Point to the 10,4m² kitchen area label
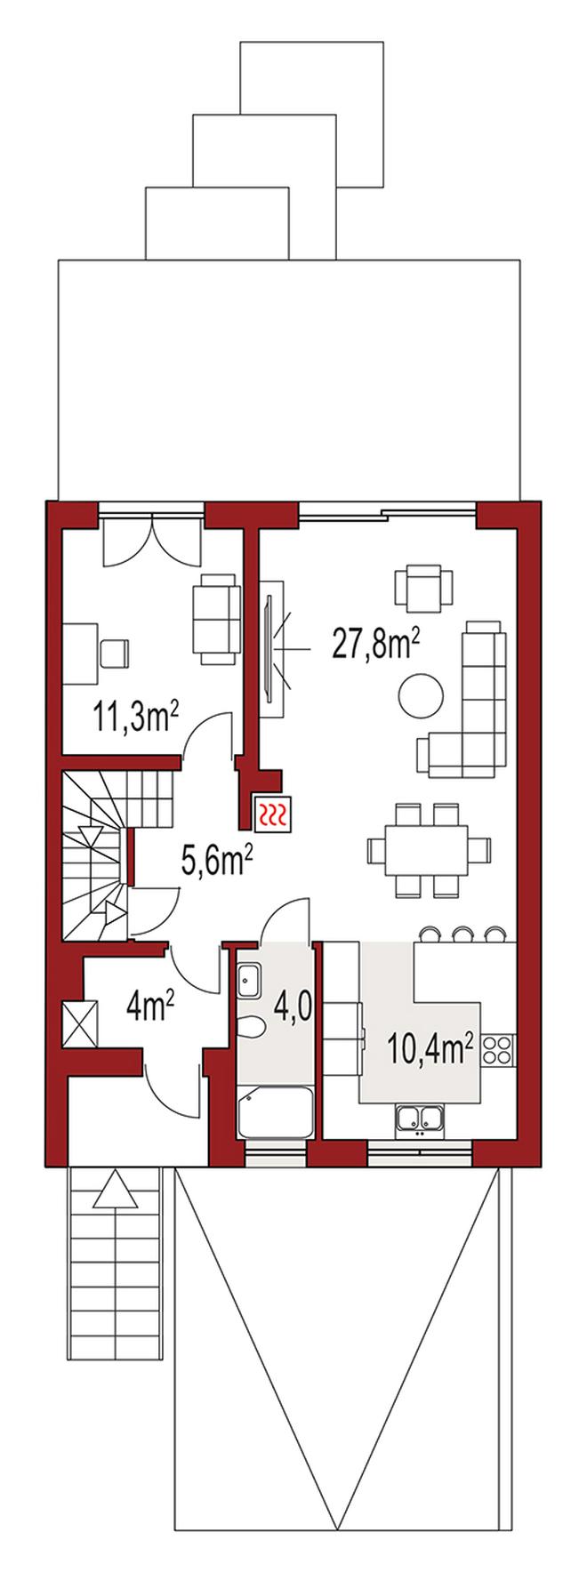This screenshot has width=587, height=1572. point(430,1048)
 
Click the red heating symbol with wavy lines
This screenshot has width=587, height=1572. point(272,813)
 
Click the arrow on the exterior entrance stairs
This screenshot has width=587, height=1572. point(117,1190)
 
